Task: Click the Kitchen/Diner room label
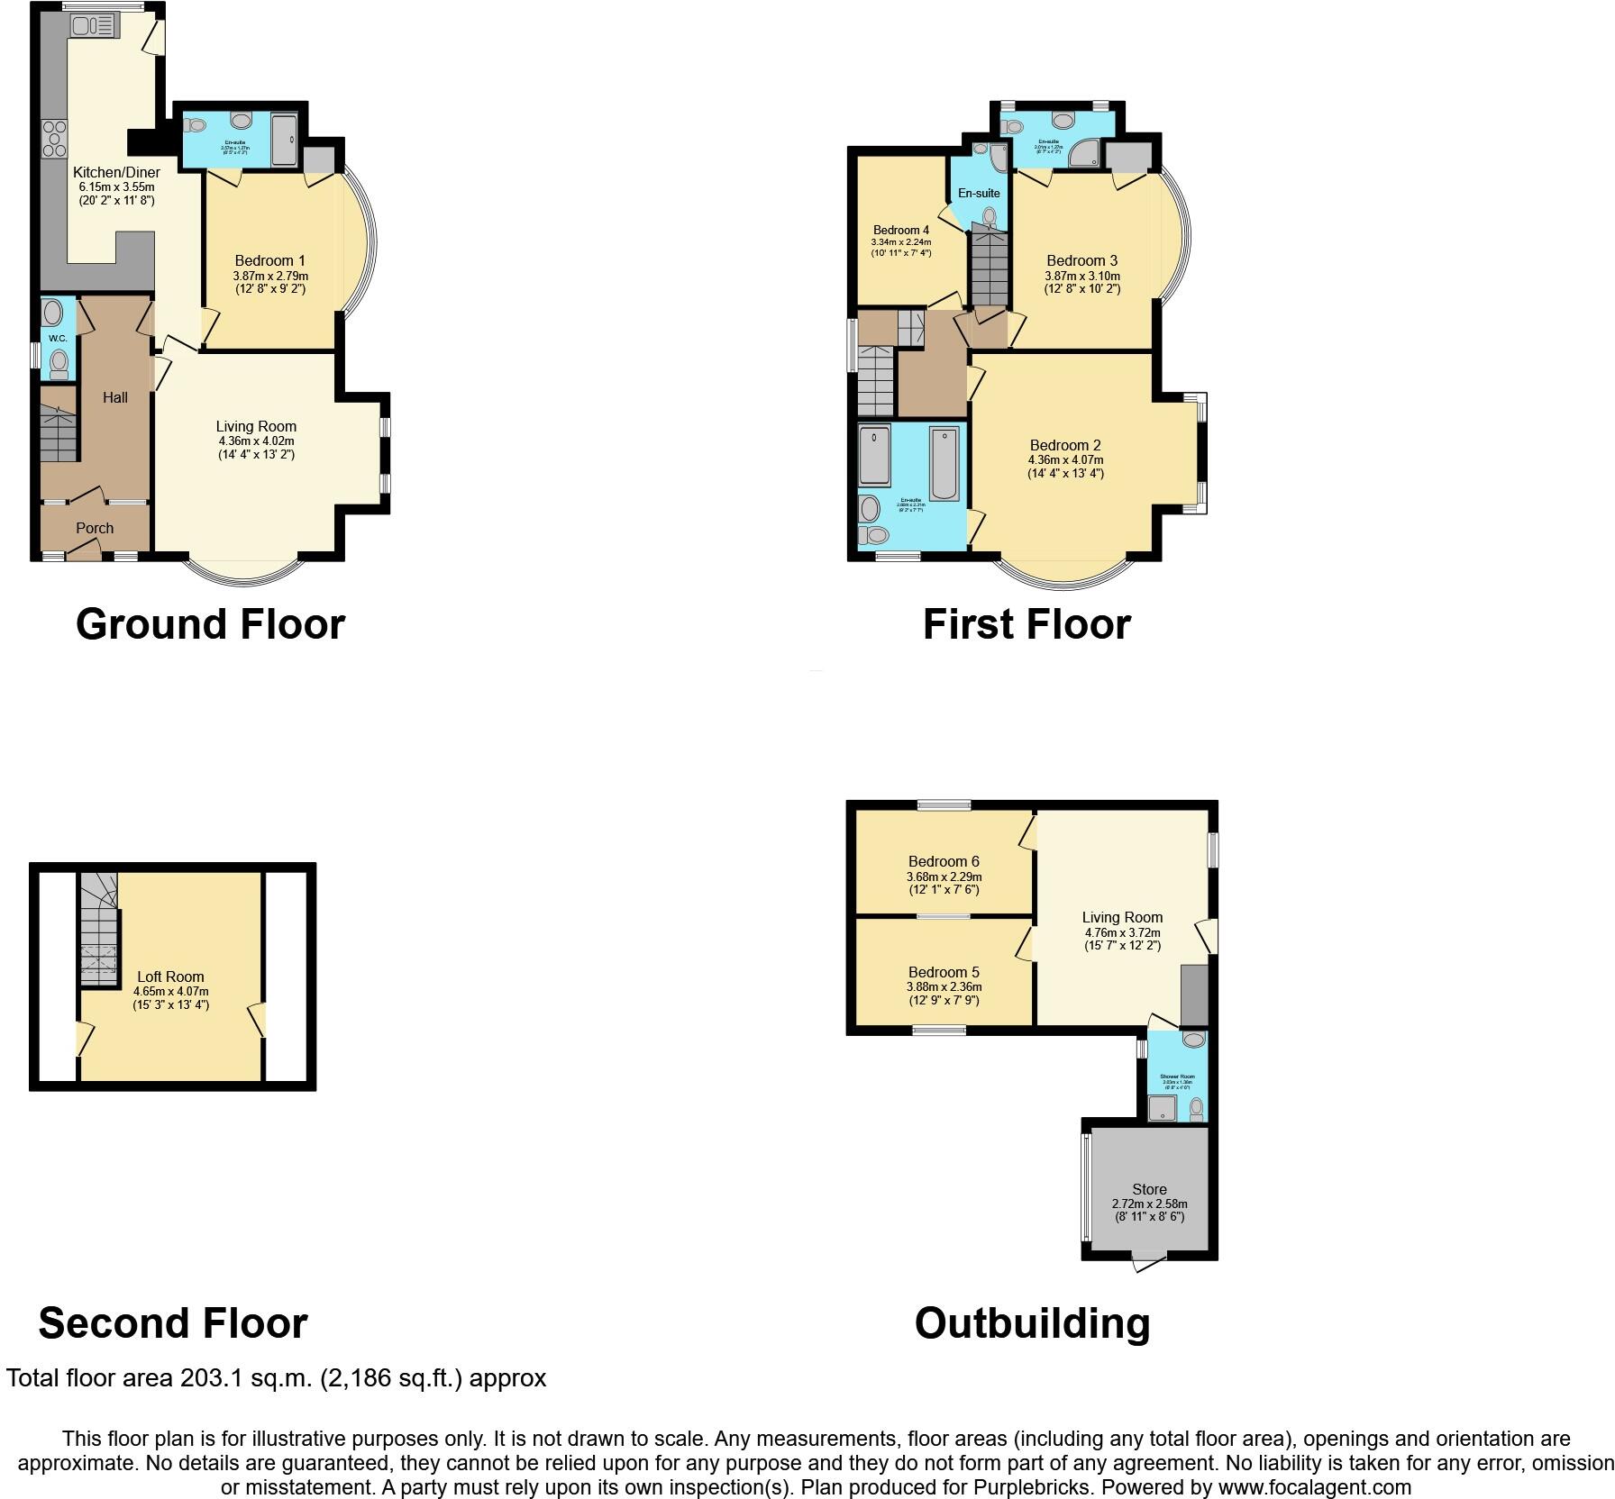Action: pos(116,172)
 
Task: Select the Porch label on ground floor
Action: pos(95,528)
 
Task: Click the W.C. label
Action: pos(58,338)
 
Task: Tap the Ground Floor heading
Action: pos(210,623)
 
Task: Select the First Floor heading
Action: pos(1026,623)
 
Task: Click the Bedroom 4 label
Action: pos(900,230)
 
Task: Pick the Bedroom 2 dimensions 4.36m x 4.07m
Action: pos(1065,459)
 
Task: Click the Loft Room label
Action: pos(170,977)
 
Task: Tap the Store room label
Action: pos(1149,1189)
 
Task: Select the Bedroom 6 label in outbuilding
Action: pos(944,861)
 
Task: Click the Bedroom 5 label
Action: pos(944,972)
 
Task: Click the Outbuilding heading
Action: pos(1032,1323)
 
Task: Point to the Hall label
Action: pos(114,397)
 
